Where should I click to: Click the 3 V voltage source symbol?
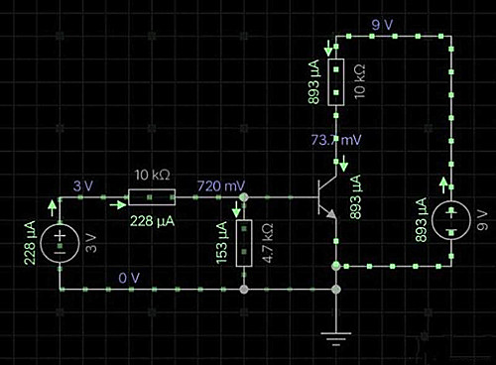point(60,243)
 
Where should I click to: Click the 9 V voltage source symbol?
point(451,220)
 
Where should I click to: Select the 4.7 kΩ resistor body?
point(244,243)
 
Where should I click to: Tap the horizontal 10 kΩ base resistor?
point(152,197)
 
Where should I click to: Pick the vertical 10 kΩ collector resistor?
point(336,82)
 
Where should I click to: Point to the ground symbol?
point(336,339)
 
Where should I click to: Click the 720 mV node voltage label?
point(221,186)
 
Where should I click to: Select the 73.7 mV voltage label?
point(336,140)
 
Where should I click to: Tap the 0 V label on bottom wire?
point(129,278)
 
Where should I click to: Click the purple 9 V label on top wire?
point(382,25)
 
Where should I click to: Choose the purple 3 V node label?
point(83,186)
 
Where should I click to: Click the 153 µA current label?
point(222,243)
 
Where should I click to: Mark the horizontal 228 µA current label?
point(152,221)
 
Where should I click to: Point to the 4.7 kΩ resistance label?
point(268,243)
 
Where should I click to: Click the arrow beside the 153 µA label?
point(236,209)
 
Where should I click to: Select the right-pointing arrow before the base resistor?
point(118,205)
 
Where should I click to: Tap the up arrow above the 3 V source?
point(52,208)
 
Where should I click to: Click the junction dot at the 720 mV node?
point(244,197)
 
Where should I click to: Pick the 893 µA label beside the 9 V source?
point(421,220)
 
